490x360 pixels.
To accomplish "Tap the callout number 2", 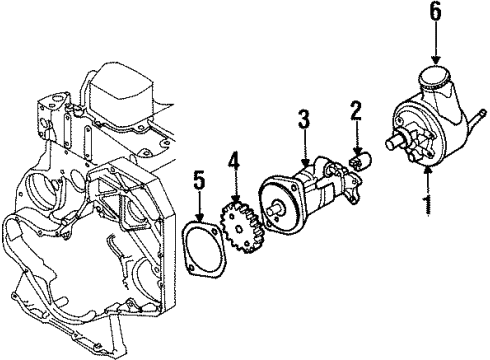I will [x=353, y=111].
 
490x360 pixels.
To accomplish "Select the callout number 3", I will [x=304, y=122].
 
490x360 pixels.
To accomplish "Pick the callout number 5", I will [x=199, y=181].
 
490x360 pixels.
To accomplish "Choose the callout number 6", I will [x=435, y=12].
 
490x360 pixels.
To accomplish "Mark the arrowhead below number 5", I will [x=199, y=217].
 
